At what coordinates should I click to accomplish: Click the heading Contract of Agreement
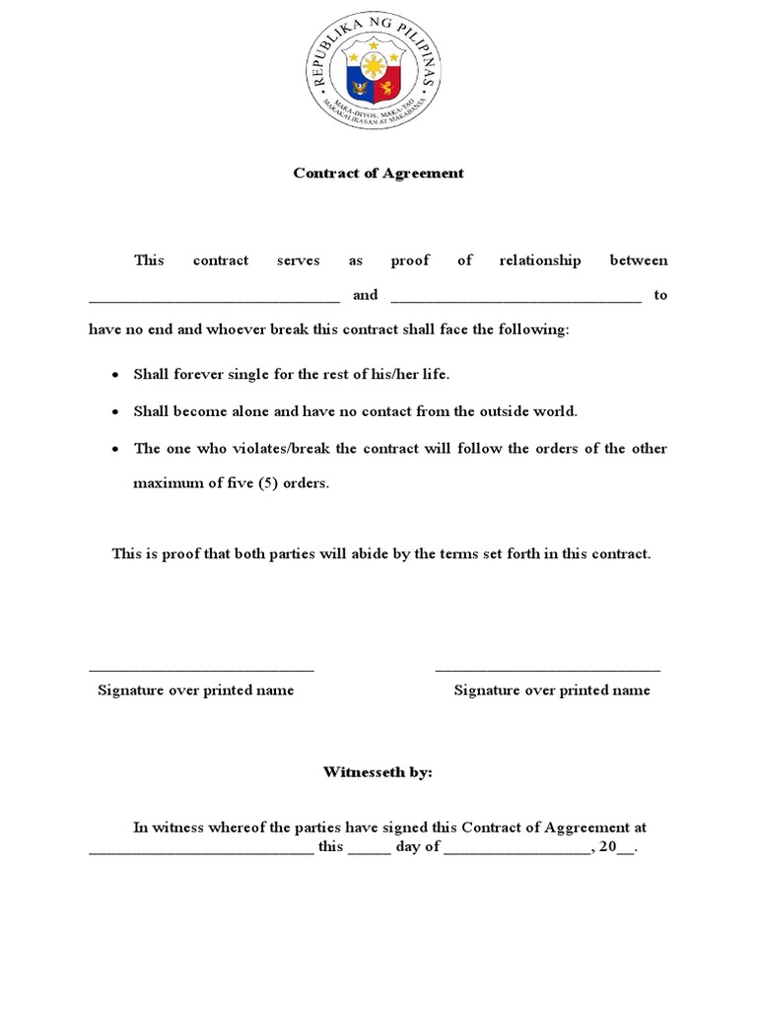[x=378, y=173]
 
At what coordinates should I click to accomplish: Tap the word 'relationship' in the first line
[x=539, y=260]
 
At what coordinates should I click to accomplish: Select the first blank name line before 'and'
[x=214, y=298]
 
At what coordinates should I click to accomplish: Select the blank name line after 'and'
[x=516, y=298]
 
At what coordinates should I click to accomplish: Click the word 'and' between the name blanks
[x=365, y=295]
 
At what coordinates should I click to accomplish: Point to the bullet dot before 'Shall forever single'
[x=115, y=376]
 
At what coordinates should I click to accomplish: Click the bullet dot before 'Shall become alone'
[x=115, y=412]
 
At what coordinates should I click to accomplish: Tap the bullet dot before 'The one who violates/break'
[x=115, y=449]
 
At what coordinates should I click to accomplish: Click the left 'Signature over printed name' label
[x=195, y=690]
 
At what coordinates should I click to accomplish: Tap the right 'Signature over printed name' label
[x=552, y=690]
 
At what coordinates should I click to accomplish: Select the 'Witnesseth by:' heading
[x=378, y=772]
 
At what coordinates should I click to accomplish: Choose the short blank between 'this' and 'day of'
[x=370, y=851]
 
